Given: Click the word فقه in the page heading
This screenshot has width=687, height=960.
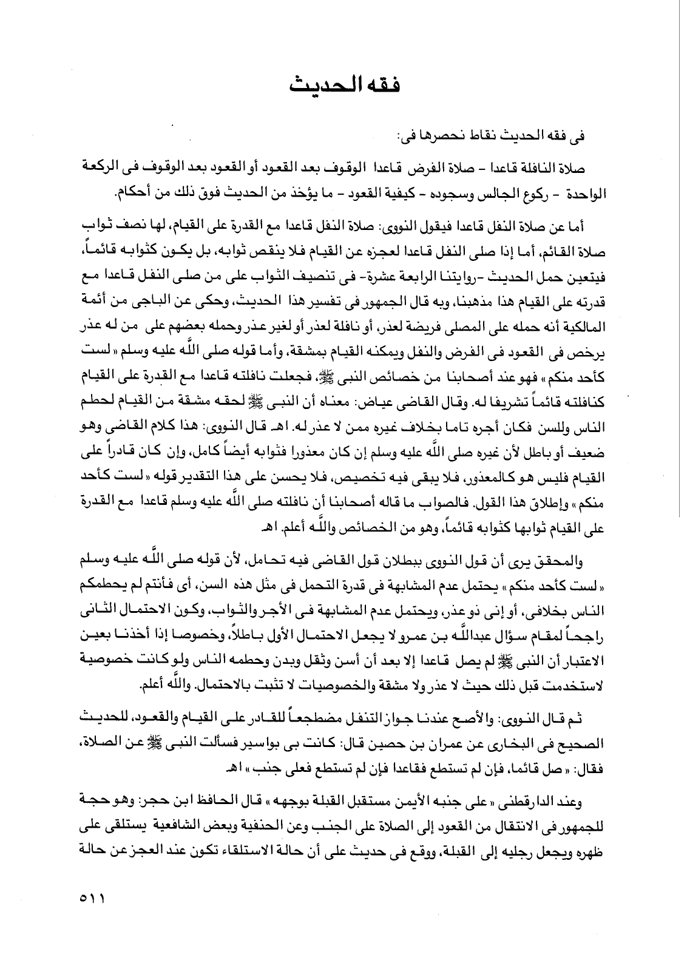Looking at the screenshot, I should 382,84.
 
